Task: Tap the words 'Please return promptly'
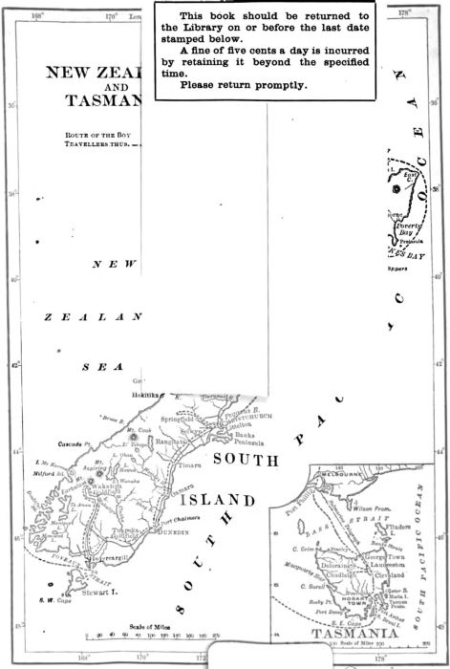(237, 85)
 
